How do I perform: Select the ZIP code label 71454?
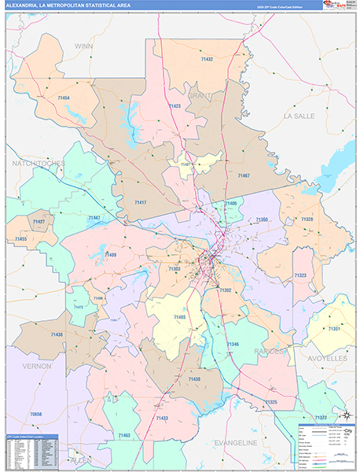pos(61,97)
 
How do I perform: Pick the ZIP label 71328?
pos(306,219)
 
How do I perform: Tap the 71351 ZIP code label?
pos(335,327)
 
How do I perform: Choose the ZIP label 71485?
pos(178,317)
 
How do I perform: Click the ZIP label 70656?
pos(35,413)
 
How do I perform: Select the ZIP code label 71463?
pos(123,434)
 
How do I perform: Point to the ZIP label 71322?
pos(321,417)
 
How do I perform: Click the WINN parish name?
pos(83,46)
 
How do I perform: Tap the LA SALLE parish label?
pos(303,116)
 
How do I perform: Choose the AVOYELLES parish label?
pos(328,358)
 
